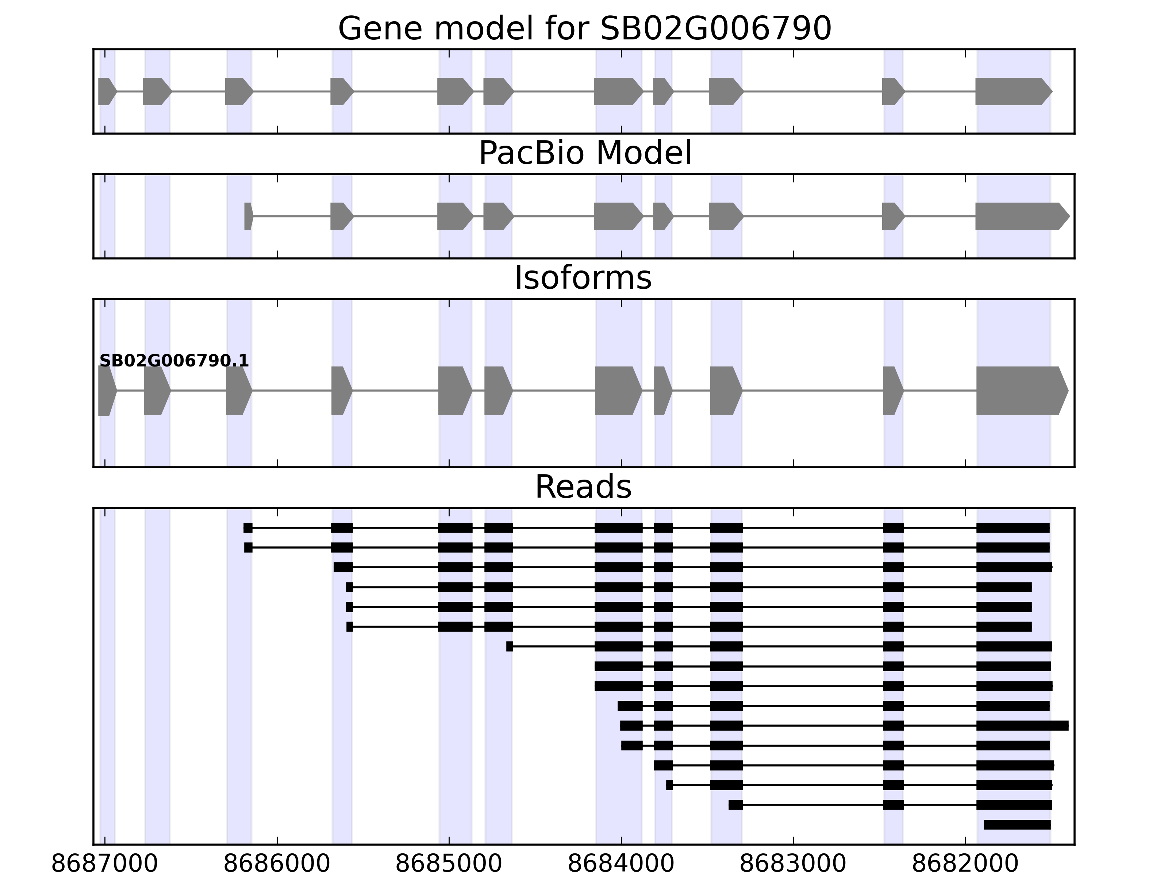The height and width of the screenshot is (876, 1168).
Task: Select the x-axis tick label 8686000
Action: (x=277, y=864)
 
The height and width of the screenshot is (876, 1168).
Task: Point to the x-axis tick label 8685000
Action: (x=449, y=864)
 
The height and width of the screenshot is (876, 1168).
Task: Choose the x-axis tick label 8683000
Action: (x=793, y=864)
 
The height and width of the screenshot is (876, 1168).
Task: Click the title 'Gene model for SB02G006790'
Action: (x=584, y=28)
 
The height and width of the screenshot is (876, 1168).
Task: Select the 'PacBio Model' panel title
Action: (x=584, y=153)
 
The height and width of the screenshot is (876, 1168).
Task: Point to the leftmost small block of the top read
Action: (x=247, y=527)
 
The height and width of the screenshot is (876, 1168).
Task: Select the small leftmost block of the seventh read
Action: (x=510, y=646)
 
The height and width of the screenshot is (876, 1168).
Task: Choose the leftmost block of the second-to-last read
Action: (x=735, y=805)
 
